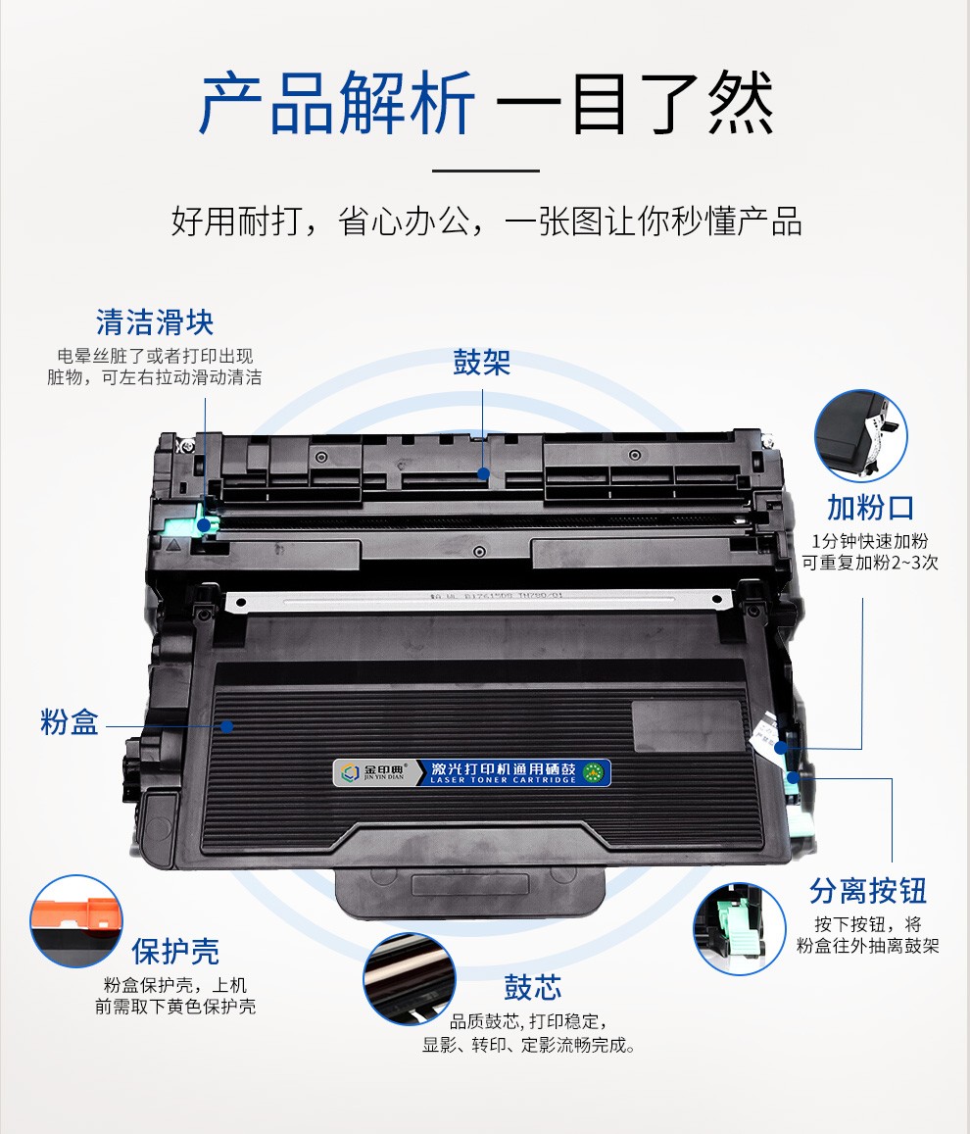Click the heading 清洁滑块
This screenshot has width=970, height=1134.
[x=155, y=322]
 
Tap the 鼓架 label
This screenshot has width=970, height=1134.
[x=482, y=363]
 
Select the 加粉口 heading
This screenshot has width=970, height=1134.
[x=871, y=508]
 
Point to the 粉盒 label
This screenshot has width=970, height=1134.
[x=70, y=724]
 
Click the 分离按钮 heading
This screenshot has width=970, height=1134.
[x=868, y=891]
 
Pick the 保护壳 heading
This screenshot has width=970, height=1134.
[x=175, y=951]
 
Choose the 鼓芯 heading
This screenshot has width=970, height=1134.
[x=533, y=986]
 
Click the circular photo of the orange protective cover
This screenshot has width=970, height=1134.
[x=76, y=920]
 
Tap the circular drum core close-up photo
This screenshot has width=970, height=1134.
[x=410, y=978]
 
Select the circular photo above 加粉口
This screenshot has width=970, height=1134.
[x=861, y=436]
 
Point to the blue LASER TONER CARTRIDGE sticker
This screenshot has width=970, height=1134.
[x=512, y=772]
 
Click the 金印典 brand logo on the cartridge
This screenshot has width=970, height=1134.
[x=372, y=772]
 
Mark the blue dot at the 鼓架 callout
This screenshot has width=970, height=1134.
[x=482, y=472]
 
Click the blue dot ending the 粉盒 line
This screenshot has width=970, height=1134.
[x=227, y=726]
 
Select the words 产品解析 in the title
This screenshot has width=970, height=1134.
[x=337, y=104]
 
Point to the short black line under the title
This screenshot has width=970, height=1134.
[x=485, y=171]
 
